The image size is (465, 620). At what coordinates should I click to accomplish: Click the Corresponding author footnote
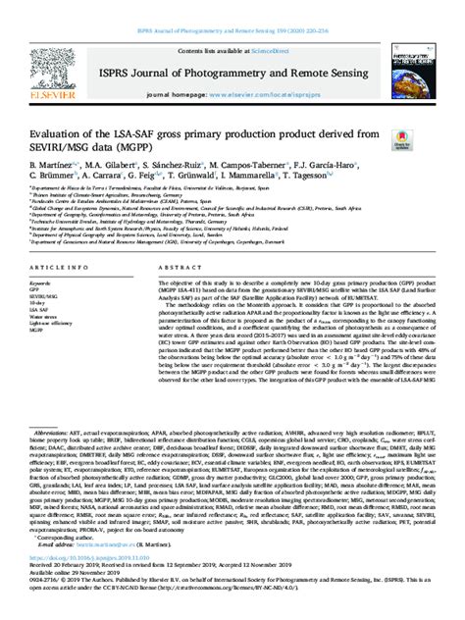coord(70,566)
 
